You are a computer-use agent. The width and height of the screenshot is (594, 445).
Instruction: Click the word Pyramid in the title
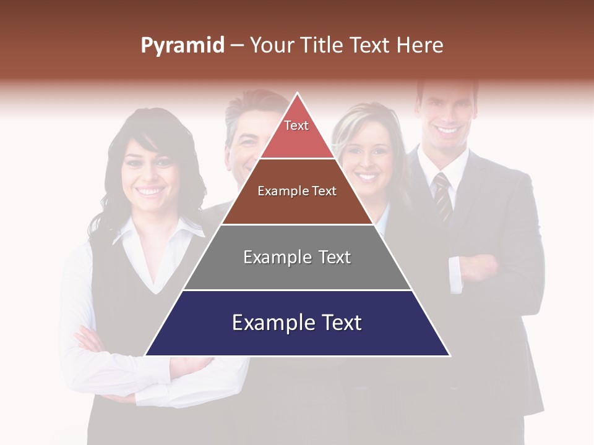pyautogui.click(x=182, y=46)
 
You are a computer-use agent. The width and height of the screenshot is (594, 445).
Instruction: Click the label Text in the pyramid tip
pyautogui.click(x=296, y=125)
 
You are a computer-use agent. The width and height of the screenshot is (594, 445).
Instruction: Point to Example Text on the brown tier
pyautogui.click(x=297, y=191)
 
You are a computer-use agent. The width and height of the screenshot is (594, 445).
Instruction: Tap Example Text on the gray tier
pyautogui.click(x=297, y=257)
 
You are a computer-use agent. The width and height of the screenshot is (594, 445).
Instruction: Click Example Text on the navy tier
pyautogui.click(x=297, y=323)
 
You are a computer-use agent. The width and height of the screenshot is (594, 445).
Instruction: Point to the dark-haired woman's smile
pyautogui.click(x=150, y=192)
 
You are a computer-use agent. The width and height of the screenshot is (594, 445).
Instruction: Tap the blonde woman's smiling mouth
pyautogui.click(x=368, y=177)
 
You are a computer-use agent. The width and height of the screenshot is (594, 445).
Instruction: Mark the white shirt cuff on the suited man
pyautogui.click(x=455, y=274)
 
